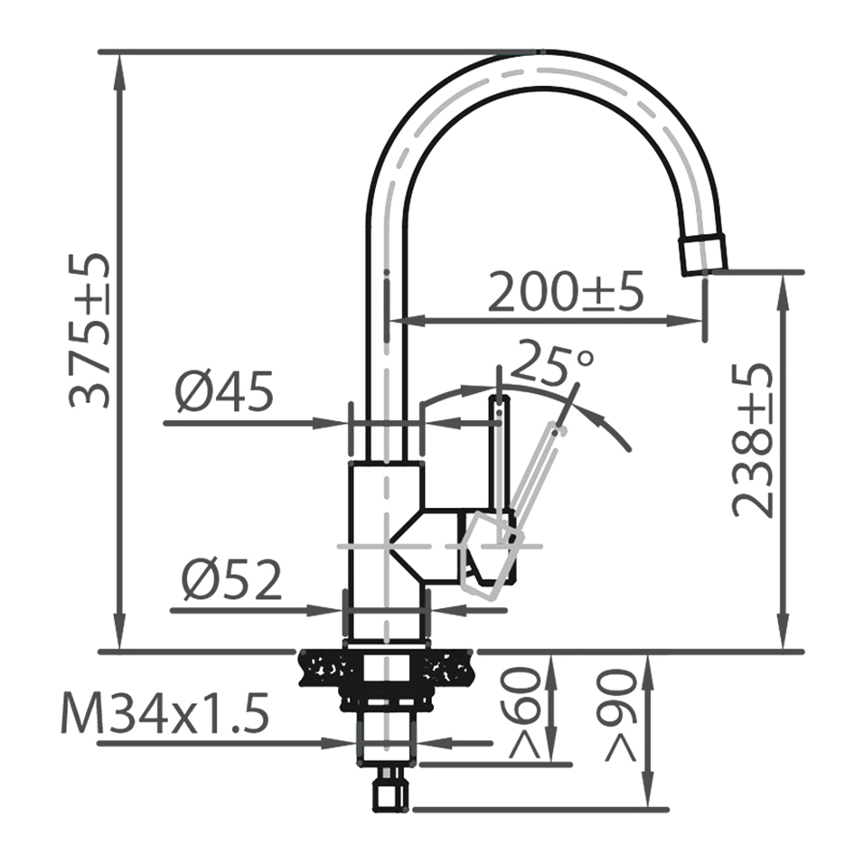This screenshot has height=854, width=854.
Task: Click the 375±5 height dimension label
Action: click(x=89, y=330)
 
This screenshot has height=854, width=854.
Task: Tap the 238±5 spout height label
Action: click(x=753, y=440)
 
